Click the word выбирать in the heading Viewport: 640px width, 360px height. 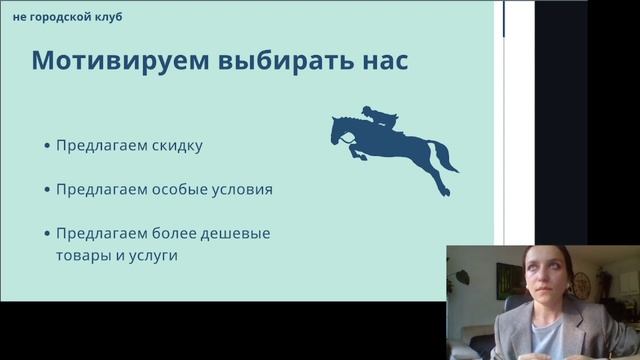click(x=263, y=61)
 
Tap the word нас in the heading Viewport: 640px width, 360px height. click(x=379, y=61)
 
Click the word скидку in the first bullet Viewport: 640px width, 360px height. click(x=177, y=145)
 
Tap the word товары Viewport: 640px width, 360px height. click(x=83, y=255)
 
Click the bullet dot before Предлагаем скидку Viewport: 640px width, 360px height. click(x=47, y=146)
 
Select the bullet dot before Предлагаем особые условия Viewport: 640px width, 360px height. click(x=47, y=189)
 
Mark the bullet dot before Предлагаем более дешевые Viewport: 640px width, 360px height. click(x=47, y=234)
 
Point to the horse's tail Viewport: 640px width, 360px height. click(x=443, y=158)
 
